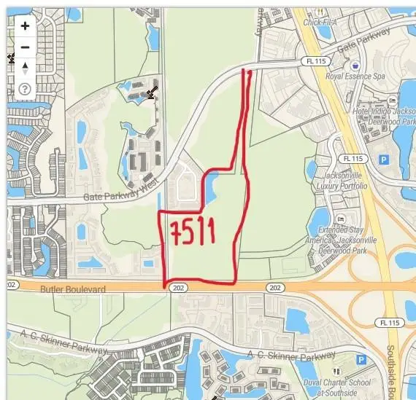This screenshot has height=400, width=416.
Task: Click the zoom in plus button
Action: pos(25,26)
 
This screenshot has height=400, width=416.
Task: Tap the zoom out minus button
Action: pos(25,47)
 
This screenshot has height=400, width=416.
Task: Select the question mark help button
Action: pos(25,90)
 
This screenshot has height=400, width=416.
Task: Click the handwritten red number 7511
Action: pos(193,232)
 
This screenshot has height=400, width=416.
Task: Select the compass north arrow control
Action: pos(25,68)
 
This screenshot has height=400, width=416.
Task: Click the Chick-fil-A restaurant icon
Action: pos(319,10)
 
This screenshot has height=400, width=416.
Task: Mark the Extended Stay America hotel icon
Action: pos(341,219)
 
